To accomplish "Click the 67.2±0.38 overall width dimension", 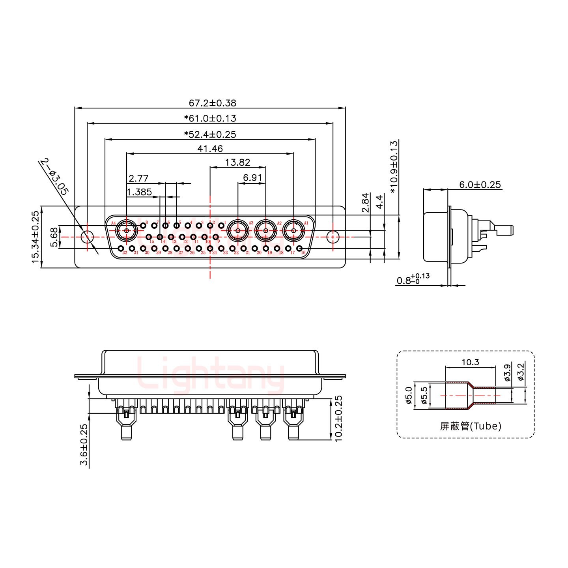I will [212, 103].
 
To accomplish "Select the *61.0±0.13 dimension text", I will [210, 118].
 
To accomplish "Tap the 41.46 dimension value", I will [210, 149].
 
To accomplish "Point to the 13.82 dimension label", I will [237, 162].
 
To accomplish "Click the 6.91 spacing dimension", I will [252, 178].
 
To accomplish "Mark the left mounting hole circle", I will [87, 237].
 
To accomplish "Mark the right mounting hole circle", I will [333, 237].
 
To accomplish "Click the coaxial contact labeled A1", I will [293, 230].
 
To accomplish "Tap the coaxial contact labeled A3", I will [237, 230].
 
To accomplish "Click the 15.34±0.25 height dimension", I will [35, 237].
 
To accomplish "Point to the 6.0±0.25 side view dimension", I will [480, 185].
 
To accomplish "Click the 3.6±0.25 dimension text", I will [84, 445].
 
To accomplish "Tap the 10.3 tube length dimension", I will [470, 362].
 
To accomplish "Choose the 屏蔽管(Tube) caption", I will [470, 426].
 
